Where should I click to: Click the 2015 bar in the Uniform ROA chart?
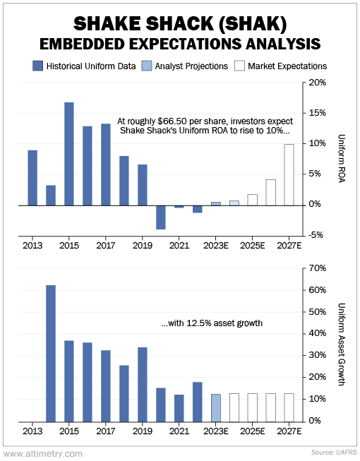69,154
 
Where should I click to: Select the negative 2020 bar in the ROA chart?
161,217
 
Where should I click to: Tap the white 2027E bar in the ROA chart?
289,175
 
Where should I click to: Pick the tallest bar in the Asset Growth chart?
51,354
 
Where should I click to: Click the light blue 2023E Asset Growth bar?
216,408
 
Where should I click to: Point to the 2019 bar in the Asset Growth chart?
143,385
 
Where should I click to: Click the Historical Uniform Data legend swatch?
37,66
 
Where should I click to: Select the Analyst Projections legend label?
191,66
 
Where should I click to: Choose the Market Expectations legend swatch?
239,66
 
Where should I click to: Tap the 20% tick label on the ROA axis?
318,83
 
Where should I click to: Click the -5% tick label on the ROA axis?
316,235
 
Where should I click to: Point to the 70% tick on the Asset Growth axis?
318,268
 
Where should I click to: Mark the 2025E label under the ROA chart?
253,246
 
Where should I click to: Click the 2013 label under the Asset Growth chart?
32,431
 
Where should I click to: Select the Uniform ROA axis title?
342,158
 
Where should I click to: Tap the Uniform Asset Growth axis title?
342,345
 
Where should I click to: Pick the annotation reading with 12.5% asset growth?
212,323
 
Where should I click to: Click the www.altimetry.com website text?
43,454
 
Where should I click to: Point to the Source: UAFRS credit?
334,453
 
